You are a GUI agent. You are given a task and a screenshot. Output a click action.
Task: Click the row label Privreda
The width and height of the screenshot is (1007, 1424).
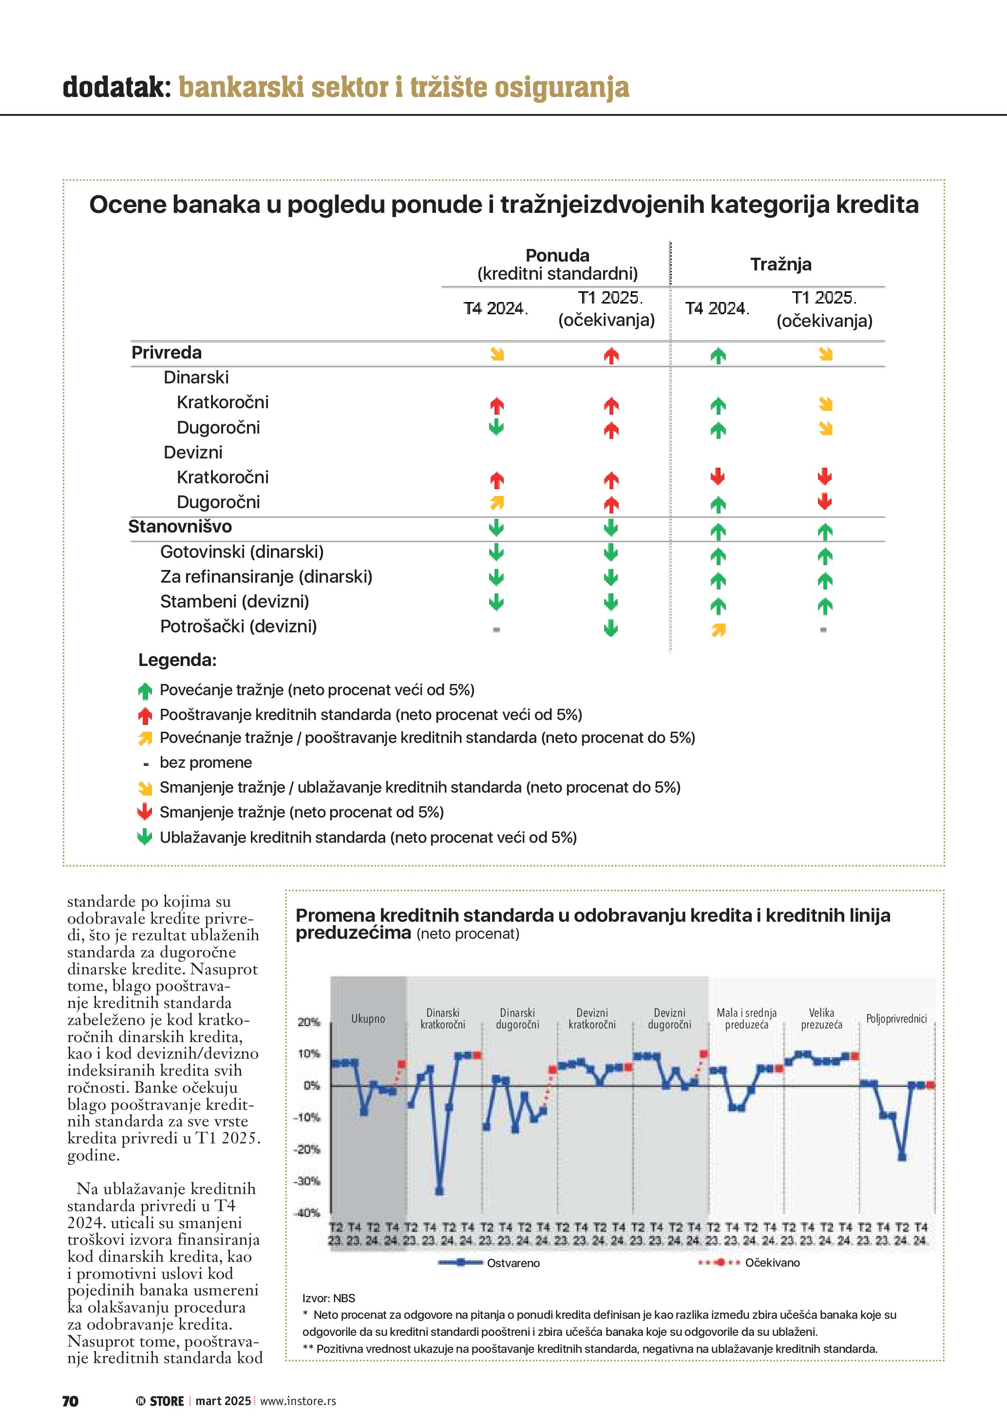click(x=166, y=353)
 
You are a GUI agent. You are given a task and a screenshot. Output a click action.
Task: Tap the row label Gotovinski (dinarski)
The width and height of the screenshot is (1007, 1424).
click(x=242, y=552)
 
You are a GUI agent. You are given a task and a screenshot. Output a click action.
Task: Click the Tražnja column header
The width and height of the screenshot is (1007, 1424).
click(x=780, y=264)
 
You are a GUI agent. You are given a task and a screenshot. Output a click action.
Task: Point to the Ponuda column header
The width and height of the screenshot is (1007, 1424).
click(x=557, y=256)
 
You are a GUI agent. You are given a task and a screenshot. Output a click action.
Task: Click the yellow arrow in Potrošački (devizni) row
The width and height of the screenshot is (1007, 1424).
click(x=719, y=630)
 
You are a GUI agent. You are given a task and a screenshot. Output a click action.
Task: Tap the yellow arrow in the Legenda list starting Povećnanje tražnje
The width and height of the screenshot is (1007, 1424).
click(x=145, y=738)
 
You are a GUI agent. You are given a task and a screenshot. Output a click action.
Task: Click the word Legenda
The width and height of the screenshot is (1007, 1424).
click(x=177, y=660)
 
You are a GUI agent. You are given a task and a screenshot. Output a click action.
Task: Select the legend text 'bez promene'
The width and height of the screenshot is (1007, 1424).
click(x=205, y=763)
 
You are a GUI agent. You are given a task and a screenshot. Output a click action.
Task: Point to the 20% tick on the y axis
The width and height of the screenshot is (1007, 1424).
click(x=308, y=1022)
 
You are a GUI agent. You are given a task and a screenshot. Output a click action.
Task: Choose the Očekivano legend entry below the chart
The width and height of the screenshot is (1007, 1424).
click(x=772, y=1263)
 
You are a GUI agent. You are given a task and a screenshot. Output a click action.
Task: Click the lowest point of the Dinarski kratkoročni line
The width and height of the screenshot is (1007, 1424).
click(x=439, y=1191)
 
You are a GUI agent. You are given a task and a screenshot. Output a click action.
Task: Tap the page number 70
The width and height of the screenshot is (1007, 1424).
click(x=70, y=1401)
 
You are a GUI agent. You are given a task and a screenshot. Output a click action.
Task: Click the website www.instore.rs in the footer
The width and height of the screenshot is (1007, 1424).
click(x=298, y=1401)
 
